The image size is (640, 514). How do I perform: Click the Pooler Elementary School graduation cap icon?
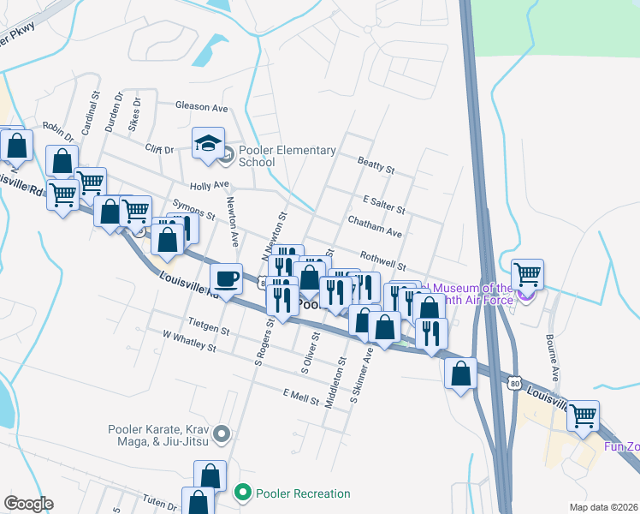tap(208, 145)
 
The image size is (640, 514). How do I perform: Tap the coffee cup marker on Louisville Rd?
tap(225, 278)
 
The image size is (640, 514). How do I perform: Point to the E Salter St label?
tap(383, 204)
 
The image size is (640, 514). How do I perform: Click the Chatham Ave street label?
tap(375, 227)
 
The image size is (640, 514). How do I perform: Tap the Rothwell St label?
tap(382, 260)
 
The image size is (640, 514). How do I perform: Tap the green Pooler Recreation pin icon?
tap(242, 493)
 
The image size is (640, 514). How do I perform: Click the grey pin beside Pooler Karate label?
tap(222, 435)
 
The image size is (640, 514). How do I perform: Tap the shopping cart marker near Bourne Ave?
tap(528, 274)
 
